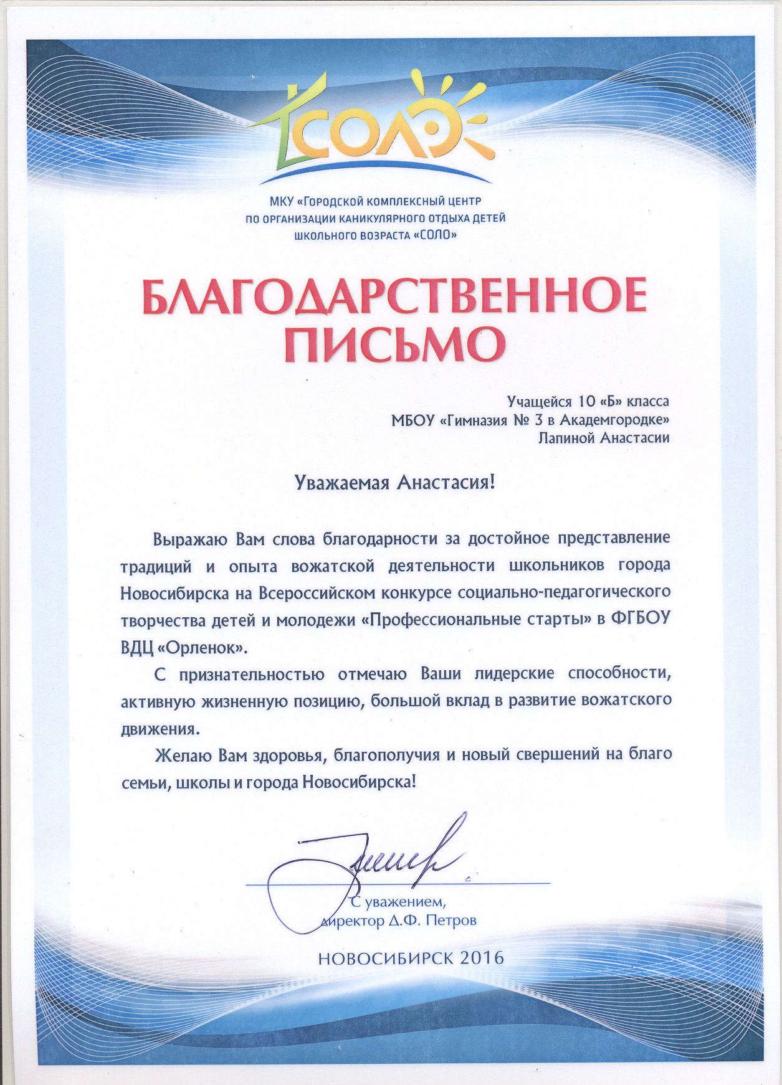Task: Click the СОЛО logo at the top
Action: click(374, 128)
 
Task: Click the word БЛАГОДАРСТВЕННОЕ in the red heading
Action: click(394, 296)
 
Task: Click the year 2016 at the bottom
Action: click(482, 957)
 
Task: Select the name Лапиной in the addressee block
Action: click(566, 438)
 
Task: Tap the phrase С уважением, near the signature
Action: click(399, 902)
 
